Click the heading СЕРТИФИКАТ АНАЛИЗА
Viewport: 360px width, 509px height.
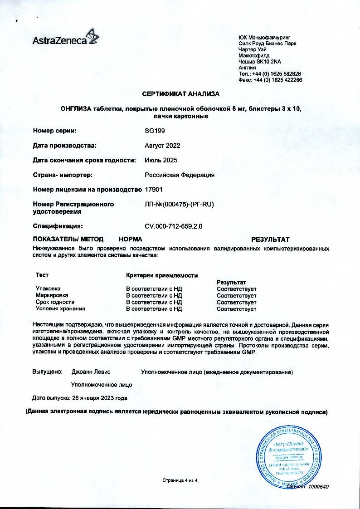click(x=180, y=94)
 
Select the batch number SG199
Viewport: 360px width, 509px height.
click(x=155, y=131)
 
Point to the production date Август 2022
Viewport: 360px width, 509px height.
click(x=162, y=146)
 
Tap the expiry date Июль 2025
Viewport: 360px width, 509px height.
click(x=161, y=160)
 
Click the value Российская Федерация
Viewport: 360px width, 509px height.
click(x=180, y=175)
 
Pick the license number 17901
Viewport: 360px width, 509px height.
click(x=153, y=189)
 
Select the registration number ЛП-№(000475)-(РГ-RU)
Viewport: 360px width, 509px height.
click(x=179, y=204)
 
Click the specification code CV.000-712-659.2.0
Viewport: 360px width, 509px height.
click(x=173, y=226)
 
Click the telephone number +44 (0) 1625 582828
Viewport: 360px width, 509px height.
click(x=276, y=73)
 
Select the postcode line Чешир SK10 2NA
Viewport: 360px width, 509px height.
click(x=259, y=61)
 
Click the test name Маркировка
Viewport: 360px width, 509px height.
click(x=52, y=295)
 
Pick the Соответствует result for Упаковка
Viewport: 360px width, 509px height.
click(x=237, y=289)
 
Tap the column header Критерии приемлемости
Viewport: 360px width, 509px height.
click(x=161, y=275)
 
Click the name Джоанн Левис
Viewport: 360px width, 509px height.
click(x=91, y=372)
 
